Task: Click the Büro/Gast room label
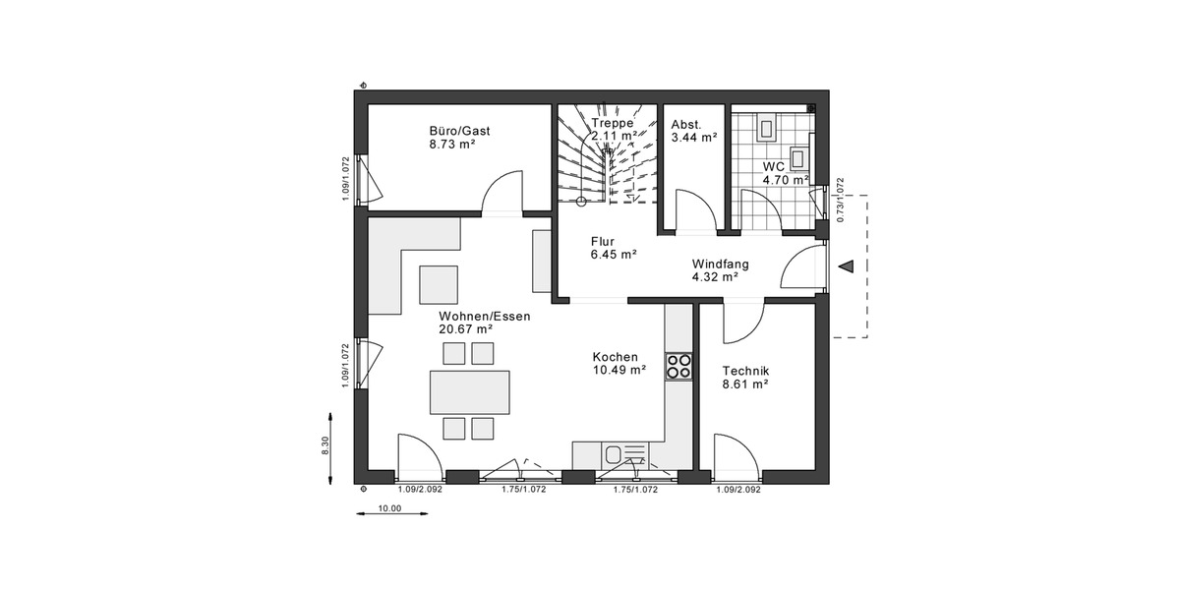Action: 459,131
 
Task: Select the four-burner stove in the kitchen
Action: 678,367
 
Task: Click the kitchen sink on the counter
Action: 614,454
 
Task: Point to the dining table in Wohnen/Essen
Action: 469,391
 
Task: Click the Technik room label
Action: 744,371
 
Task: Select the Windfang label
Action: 721,264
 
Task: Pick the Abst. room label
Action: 685,125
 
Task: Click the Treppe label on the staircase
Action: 612,123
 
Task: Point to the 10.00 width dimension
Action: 389,508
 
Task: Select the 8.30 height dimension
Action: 325,445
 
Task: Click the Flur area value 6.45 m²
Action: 614,254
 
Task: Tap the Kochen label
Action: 615,357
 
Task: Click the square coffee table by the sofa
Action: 440,284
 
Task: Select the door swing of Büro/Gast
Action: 504,192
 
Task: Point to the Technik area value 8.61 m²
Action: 744,384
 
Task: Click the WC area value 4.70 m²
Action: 785,180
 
